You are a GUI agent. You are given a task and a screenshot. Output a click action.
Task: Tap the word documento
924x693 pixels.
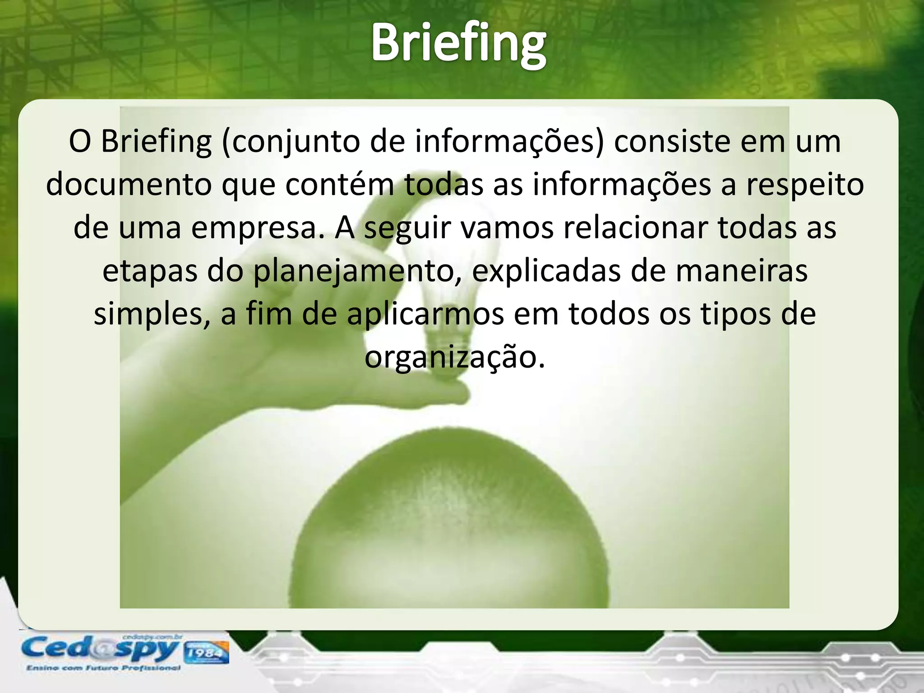(x=129, y=185)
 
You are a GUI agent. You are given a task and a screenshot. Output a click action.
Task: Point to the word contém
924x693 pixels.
(x=340, y=185)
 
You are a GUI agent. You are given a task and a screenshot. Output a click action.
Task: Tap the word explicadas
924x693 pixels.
(x=545, y=271)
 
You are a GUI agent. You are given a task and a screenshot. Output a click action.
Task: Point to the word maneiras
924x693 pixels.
(x=742, y=271)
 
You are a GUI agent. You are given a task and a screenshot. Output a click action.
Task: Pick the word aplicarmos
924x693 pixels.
(x=425, y=314)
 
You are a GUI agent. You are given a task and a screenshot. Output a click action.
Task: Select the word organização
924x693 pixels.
(x=455, y=357)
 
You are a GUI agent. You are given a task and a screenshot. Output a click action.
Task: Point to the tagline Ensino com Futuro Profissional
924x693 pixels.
(x=103, y=668)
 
